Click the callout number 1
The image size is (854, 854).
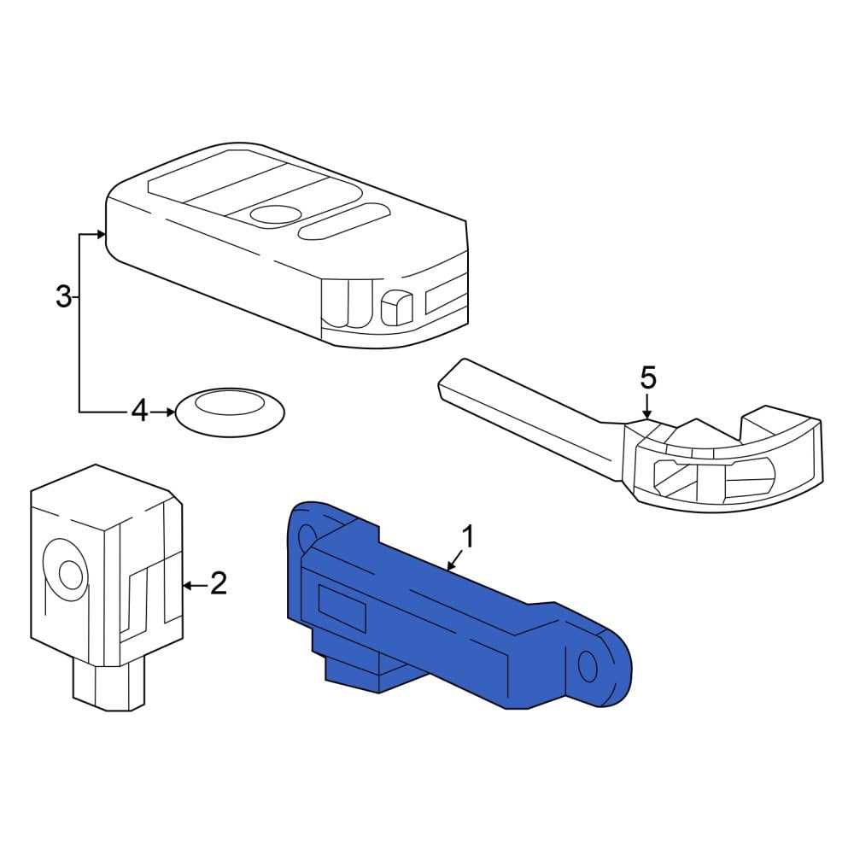pos(468,536)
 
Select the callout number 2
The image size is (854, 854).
pos(218,583)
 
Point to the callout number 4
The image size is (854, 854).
pos(140,411)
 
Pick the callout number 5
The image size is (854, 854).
pos(648,377)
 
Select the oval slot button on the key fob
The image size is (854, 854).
pos(342,222)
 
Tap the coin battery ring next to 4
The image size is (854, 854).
pos(231,412)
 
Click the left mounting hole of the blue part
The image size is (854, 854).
pos(306,537)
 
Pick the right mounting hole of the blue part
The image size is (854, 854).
pos(588,666)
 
